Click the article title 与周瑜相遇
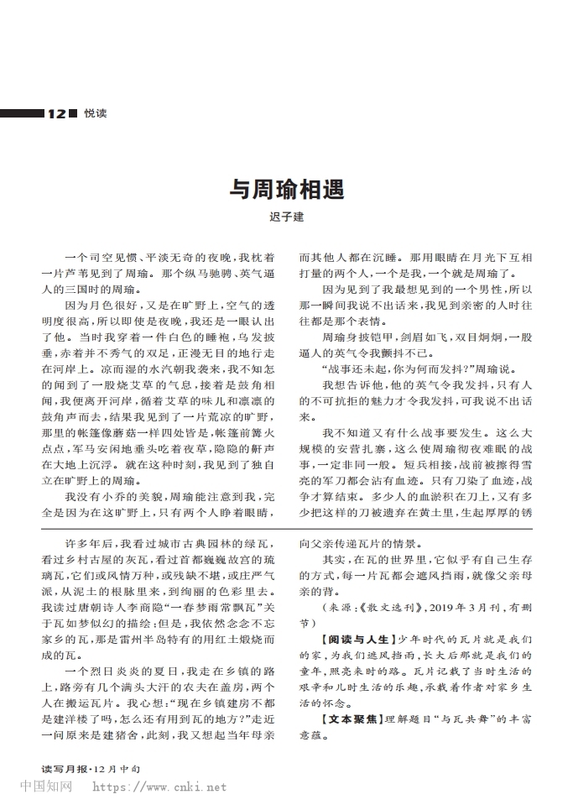[x=287, y=190]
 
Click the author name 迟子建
[x=286, y=217]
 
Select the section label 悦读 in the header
[x=94, y=114]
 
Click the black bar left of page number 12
[x=22, y=113]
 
